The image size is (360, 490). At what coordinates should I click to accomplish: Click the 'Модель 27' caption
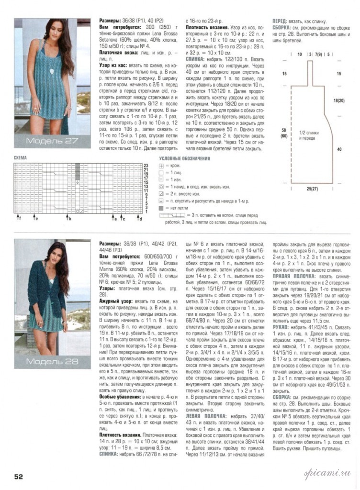click(51, 141)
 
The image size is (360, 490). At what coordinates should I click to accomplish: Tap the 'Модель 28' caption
click(51, 360)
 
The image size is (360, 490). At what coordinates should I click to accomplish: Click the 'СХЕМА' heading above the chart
click(21, 157)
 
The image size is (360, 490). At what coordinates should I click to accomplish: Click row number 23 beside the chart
click(146, 165)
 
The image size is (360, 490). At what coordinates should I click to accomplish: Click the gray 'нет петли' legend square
click(161, 209)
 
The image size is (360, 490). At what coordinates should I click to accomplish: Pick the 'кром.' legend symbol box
click(161, 166)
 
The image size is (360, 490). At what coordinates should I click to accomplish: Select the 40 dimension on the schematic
click(339, 149)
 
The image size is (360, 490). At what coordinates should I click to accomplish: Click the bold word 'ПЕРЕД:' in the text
click(280, 22)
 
